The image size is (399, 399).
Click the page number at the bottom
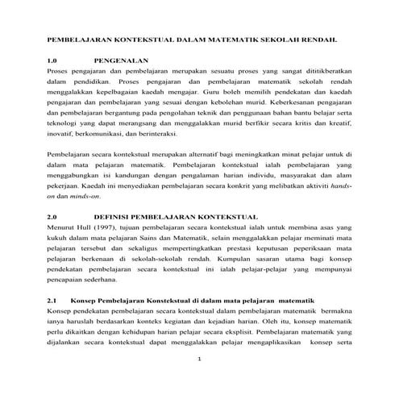[x=199, y=359]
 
